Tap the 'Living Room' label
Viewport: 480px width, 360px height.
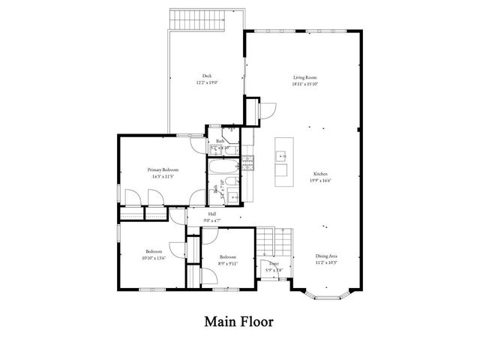(x=304, y=77)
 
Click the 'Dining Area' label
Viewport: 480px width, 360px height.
(x=326, y=256)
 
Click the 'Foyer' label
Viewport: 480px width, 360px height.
(x=274, y=263)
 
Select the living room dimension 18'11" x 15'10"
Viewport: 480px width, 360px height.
(x=304, y=84)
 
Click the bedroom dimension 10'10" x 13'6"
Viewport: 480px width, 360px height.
(x=154, y=257)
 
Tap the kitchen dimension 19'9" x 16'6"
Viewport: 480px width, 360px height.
(x=320, y=181)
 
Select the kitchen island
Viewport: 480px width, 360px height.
(x=283, y=163)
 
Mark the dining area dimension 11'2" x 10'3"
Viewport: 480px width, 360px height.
(x=326, y=263)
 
